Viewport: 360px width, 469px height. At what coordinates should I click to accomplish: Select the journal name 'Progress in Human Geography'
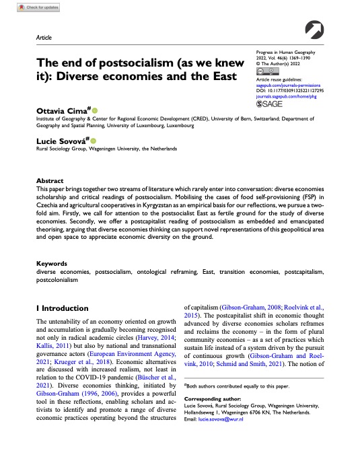[290, 52]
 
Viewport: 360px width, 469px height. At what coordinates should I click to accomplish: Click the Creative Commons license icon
[266, 71]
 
